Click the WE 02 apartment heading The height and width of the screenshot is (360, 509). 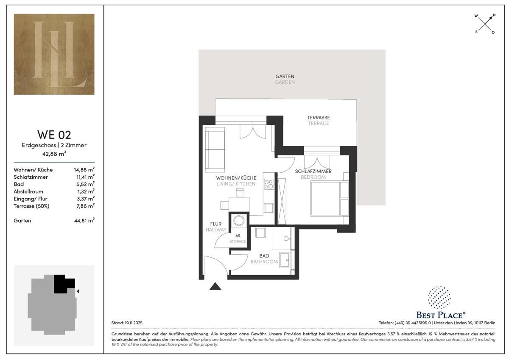click(54, 135)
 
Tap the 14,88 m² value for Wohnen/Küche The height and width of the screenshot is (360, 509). click(84, 169)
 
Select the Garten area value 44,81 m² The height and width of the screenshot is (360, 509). click(84, 220)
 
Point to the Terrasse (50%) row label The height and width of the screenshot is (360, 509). click(31, 206)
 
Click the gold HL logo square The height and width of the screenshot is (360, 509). click(54, 54)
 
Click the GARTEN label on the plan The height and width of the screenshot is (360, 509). click(285, 76)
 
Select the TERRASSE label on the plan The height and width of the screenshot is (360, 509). click(319, 118)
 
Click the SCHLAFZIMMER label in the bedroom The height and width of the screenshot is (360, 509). click(313, 171)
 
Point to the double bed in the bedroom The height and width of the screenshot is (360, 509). click(330, 199)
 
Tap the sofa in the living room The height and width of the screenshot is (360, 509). click(215, 149)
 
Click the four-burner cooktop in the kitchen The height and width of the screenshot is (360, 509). click(269, 184)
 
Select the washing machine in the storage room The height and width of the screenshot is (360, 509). click(239, 220)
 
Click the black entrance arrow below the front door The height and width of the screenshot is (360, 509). click(215, 286)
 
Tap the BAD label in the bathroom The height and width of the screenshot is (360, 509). click(264, 256)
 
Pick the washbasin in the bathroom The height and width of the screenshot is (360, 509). click(285, 259)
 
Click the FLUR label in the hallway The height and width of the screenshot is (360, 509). click(215, 224)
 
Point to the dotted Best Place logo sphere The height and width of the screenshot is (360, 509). click(439, 298)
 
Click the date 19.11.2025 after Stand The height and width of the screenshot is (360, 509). click(133, 323)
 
